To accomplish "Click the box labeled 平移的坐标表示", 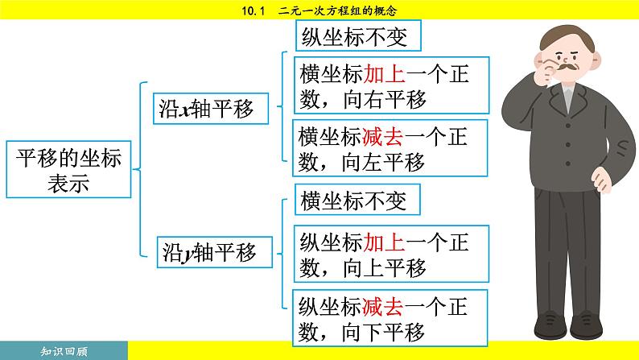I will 69,172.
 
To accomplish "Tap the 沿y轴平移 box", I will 213,252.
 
